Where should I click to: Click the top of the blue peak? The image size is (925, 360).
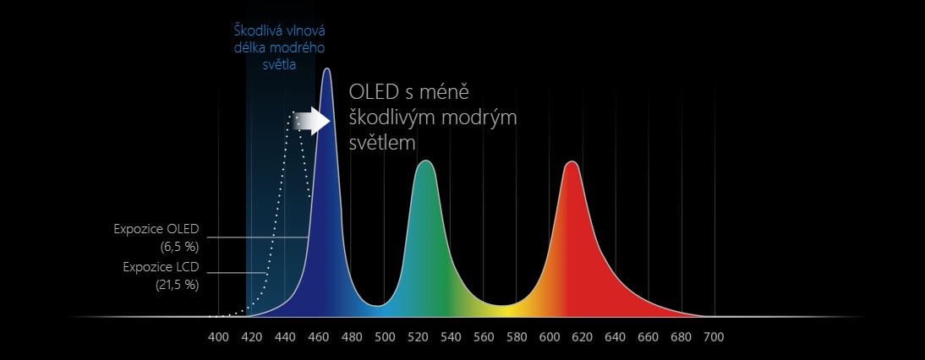click(326, 70)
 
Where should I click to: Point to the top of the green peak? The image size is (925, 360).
click(425, 161)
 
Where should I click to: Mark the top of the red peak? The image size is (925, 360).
click(572, 161)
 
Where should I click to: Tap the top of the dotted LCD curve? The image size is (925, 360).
click(295, 112)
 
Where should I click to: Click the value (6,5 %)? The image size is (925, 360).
click(178, 247)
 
